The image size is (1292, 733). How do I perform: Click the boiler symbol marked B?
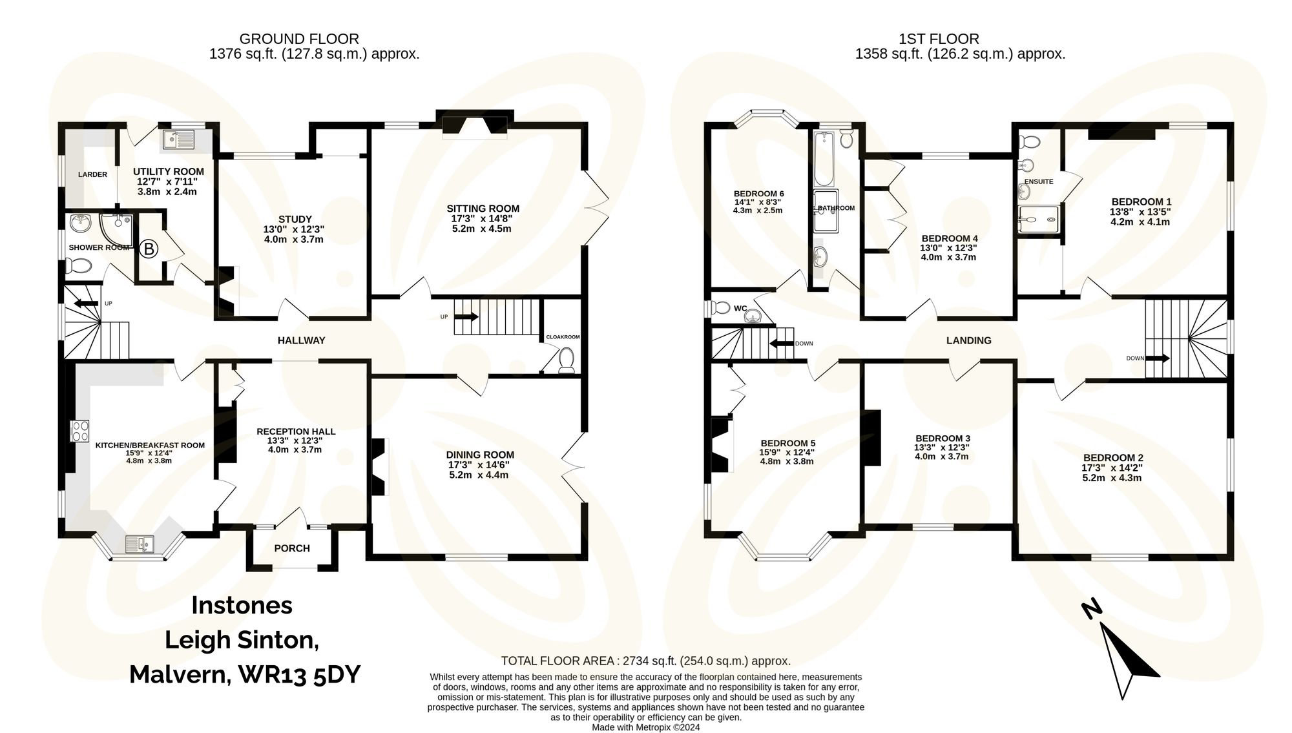pos(149,249)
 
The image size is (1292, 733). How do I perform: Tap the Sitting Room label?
pos(483,209)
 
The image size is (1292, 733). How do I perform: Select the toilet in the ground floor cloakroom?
pos(567,360)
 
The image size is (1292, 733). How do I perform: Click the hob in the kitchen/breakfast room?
pos(80,431)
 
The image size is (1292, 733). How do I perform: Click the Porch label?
pos(292,548)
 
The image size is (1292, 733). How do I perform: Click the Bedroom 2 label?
pos(1113,458)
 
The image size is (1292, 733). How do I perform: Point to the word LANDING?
pos(968,340)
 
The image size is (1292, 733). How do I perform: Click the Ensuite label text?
pos(1039,181)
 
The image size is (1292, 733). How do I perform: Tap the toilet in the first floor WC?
pos(718,308)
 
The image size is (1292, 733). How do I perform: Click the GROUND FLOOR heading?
pos(299,39)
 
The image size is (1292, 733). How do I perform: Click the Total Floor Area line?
pos(645,661)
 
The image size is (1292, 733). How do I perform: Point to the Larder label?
pos(92,174)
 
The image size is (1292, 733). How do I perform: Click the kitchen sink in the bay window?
pos(140,544)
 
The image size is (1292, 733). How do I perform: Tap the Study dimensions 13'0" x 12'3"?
pos(294,229)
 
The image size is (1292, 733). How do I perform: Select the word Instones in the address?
pos(242,605)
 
